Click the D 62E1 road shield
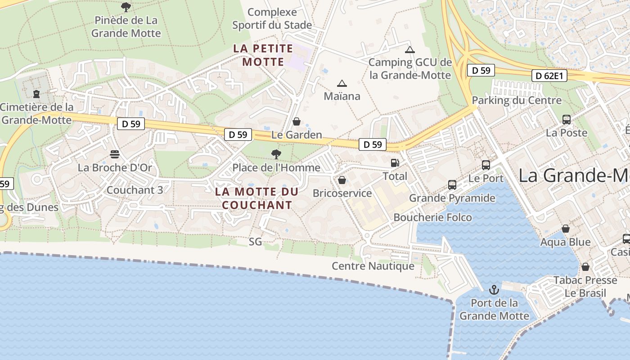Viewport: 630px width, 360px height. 549,76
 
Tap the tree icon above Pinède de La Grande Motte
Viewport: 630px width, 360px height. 126,7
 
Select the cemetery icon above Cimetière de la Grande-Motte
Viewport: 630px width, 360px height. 36,94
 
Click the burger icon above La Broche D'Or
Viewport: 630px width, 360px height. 115,154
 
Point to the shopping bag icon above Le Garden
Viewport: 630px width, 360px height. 297,121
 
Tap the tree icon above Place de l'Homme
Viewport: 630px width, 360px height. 276,155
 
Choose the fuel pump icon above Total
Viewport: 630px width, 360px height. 395,163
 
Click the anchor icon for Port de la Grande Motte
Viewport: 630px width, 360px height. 494,289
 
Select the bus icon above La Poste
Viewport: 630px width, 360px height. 567,120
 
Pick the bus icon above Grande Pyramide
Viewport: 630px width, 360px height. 452,185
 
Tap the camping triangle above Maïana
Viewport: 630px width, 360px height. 342,83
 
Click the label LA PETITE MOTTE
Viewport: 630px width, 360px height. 263,55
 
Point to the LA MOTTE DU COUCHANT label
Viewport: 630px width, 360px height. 257,198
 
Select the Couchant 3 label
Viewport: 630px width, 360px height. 135,190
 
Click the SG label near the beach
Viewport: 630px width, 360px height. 255,242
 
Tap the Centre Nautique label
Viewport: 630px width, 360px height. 373,266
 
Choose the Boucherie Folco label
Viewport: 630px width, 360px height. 432,217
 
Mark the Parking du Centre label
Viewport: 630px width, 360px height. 517,100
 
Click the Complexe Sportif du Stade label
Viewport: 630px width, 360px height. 272,18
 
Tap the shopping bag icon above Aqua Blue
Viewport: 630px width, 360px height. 566,229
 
